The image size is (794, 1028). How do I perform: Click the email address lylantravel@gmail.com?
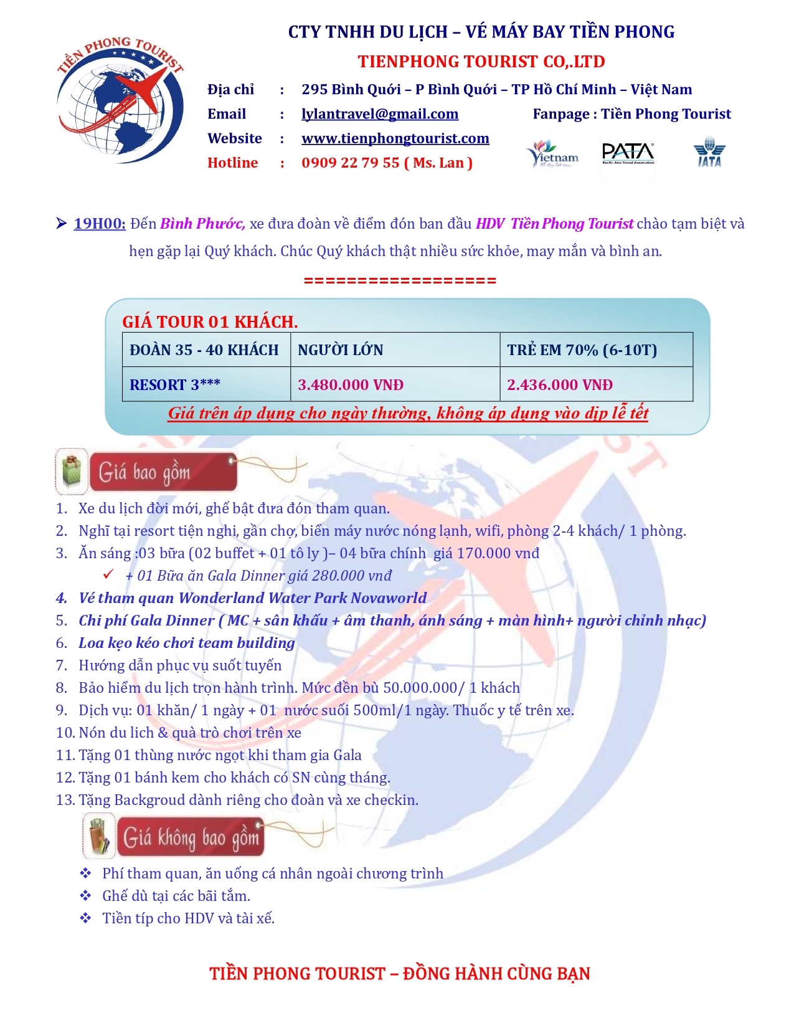[380, 114]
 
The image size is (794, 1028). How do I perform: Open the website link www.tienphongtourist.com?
[395, 138]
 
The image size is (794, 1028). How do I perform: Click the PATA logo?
[628, 153]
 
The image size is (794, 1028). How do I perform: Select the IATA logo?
[709, 153]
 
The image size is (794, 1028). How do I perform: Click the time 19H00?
[100, 224]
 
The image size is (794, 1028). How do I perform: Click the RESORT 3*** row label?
[175, 385]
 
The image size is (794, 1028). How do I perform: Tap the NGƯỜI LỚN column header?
[341, 350]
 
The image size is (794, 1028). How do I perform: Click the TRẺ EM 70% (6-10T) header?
[582, 350]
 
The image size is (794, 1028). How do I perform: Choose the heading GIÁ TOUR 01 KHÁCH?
[210, 322]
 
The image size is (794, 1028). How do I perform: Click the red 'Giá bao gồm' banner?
[163, 472]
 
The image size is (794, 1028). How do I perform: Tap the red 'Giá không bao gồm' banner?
[191, 838]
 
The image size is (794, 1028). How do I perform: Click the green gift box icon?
[72, 471]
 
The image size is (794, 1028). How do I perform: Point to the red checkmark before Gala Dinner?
[108, 574]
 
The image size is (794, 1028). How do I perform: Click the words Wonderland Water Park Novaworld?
[303, 598]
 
